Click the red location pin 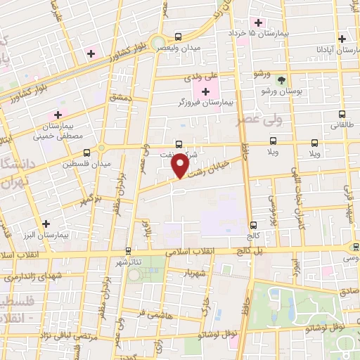coord(180,165)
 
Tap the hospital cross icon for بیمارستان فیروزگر coord(205,91)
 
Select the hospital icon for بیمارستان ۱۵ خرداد coord(259,21)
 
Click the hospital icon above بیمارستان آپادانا coord(342,39)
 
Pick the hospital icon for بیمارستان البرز coord(46,224)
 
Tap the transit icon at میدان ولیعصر coord(177,37)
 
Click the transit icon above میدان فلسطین coord(86,152)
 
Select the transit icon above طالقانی coord(342,114)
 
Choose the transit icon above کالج coord(253,225)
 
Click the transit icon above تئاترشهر coord(128,250)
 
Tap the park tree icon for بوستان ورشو coord(283,80)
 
